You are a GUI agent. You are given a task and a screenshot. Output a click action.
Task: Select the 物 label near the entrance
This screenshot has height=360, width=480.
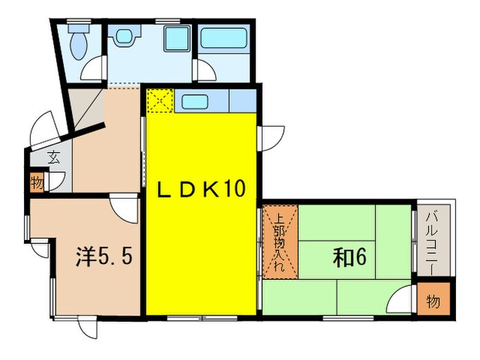37,183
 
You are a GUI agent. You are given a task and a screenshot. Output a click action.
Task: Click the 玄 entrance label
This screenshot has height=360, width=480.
53,157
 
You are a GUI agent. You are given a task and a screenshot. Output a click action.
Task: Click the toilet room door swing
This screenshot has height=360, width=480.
93,69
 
